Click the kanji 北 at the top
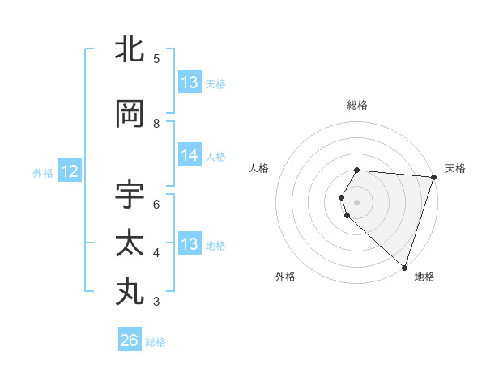(130, 50)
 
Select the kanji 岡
(130, 115)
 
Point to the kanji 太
(130, 243)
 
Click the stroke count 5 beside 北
(156, 59)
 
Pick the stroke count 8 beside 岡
(156, 124)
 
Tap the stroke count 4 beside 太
(156, 253)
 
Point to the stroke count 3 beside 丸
(156, 302)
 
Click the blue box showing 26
(130, 340)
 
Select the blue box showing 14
(190, 155)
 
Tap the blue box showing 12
(69, 171)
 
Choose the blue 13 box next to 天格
(190, 82)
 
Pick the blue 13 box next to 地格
(190, 244)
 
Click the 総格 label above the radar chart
(357, 105)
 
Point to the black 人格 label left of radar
(259, 168)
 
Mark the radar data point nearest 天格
(433, 178)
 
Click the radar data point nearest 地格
(404, 267)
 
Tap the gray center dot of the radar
(357, 201)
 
